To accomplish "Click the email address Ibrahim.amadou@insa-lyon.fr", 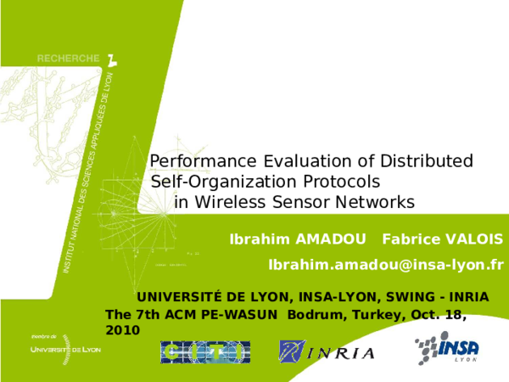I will pos(386,265).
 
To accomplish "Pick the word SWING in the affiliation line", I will pos(410,297).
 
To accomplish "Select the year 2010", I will pos(122,329).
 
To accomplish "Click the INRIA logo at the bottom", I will pos(327,351).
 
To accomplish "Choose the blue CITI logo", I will pos(205,351).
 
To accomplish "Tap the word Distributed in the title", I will pos(427,161).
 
